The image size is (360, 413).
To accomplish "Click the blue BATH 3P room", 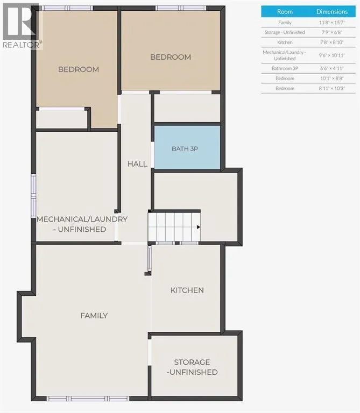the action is point(187,147).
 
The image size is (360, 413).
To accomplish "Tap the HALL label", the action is point(137,164).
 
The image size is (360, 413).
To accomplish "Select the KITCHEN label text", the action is point(187,290).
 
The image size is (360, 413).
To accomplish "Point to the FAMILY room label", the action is point(94,316).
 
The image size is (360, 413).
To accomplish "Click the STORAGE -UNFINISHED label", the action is point(192,367).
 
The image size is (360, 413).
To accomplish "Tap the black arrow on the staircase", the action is point(199,227).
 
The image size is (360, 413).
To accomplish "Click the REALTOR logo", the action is point(21,26).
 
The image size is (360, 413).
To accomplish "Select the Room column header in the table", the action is point(285,12).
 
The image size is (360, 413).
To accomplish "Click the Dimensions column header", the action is point(332,12).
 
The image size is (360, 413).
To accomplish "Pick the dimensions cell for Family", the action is point(332,23).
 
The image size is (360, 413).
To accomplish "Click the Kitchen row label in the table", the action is point(285,42).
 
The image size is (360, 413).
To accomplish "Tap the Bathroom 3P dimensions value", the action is point(332,68).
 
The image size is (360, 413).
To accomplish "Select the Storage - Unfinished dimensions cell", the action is point(332,32).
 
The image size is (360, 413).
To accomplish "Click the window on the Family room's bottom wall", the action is point(88,398).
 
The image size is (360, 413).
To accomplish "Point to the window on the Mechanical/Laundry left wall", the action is point(33,196).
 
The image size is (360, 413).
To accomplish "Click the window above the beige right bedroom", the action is point(181,8).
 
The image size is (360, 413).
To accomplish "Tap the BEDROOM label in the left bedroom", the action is point(79,69).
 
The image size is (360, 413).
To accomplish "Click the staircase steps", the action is point(174,227).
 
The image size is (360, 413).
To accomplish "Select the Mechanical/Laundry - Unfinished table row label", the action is point(285,55).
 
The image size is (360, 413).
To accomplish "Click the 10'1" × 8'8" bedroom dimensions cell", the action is point(332,78).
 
